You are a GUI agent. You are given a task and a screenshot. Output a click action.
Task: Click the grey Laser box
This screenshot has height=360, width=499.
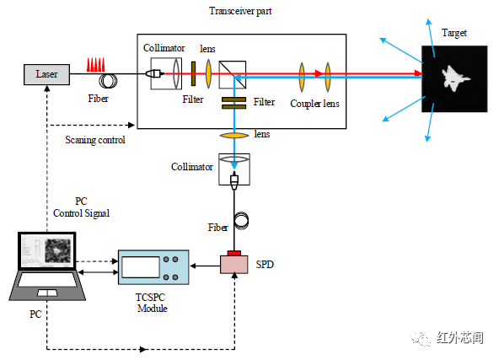(47, 74)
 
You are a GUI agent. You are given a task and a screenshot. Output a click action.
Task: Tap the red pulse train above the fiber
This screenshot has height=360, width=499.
(96, 65)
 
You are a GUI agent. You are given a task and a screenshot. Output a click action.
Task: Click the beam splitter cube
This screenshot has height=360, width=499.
(233, 75)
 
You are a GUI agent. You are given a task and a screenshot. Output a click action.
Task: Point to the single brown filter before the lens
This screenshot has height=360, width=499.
(193, 74)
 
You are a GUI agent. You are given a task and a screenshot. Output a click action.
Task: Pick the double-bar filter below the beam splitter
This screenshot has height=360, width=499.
(234, 103)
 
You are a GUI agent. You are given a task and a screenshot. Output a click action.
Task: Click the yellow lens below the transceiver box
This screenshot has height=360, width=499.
(234, 136)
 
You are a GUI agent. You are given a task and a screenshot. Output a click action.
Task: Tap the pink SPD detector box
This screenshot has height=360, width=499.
(234, 265)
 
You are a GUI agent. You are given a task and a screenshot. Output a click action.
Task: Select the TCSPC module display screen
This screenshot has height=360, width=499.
(141, 267)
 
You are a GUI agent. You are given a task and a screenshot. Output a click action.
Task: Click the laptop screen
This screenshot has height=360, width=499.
(47, 251)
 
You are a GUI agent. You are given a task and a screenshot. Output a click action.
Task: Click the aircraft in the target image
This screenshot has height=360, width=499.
(455, 78)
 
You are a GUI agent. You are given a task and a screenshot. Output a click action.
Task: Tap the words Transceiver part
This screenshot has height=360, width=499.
(240, 11)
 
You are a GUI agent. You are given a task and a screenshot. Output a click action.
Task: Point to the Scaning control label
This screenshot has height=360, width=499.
(95, 140)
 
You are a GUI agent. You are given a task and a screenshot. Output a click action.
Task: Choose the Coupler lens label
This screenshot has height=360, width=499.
(314, 104)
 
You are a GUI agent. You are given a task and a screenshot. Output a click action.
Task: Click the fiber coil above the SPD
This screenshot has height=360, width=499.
(242, 221)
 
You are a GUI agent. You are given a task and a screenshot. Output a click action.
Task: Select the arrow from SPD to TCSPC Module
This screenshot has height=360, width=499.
(206, 266)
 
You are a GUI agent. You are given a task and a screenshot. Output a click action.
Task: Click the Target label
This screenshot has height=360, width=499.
(454, 33)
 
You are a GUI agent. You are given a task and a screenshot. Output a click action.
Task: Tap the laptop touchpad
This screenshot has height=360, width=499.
(47, 293)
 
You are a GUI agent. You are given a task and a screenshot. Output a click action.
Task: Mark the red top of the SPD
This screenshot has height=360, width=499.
(234, 253)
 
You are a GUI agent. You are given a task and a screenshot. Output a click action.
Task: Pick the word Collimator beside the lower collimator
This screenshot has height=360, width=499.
(192, 167)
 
